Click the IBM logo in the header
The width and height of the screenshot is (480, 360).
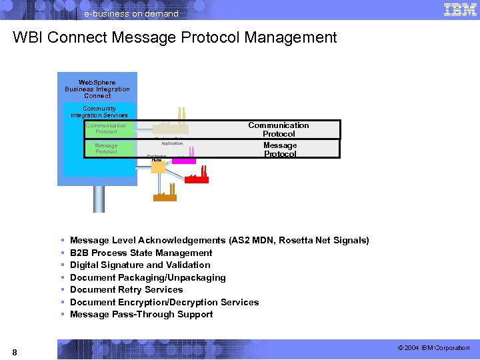pos(460,9)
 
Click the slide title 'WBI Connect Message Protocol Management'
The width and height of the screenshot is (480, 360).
pos(175,38)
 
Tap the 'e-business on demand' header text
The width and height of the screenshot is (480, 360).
pos(131,14)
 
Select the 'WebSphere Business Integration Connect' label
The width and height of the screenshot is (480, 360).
pos(97,89)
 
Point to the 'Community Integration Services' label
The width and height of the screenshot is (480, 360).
pos(99,112)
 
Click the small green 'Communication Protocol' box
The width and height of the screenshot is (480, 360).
pos(105,129)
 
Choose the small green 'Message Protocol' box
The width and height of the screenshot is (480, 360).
pos(106,148)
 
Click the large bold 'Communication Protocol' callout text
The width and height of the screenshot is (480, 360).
pos(279,129)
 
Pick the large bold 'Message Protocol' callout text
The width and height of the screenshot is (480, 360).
pos(280,149)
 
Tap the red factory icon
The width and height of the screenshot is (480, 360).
pos(197,177)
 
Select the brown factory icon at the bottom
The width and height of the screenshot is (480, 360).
pos(165,195)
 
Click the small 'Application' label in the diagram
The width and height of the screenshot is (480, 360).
pos(172,143)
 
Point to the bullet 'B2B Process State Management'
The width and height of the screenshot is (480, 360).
pos(141,253)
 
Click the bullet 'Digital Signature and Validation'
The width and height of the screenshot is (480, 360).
pos(140,265)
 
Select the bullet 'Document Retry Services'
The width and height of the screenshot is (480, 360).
pos(126,289)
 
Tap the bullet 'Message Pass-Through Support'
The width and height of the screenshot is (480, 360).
pos(141,314)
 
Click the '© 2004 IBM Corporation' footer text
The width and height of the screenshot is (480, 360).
pos(433,348)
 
